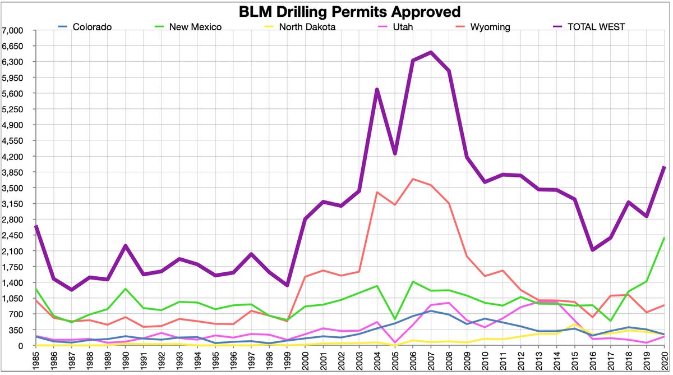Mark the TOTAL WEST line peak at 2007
coord(430,52)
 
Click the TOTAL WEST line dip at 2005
coord(395,153)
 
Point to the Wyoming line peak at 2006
coord(413,179)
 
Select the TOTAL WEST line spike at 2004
coord(377,89)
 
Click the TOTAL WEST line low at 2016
coord(592,250)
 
